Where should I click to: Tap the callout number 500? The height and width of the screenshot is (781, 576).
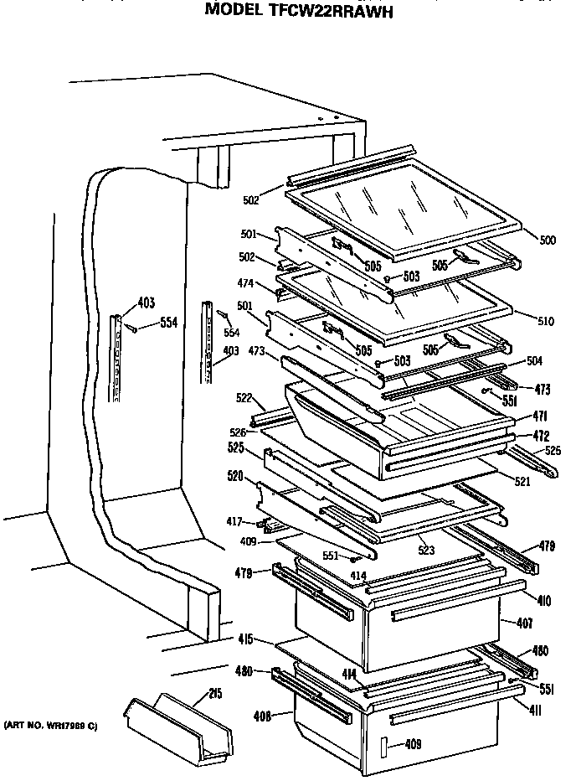coord(548,241)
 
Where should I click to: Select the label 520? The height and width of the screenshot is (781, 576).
coord(234,476)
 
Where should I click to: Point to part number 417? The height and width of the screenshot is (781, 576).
coord(235,520)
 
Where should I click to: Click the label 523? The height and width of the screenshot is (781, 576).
coord(428,551)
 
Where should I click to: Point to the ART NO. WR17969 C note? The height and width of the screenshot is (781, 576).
coord(50,724)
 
